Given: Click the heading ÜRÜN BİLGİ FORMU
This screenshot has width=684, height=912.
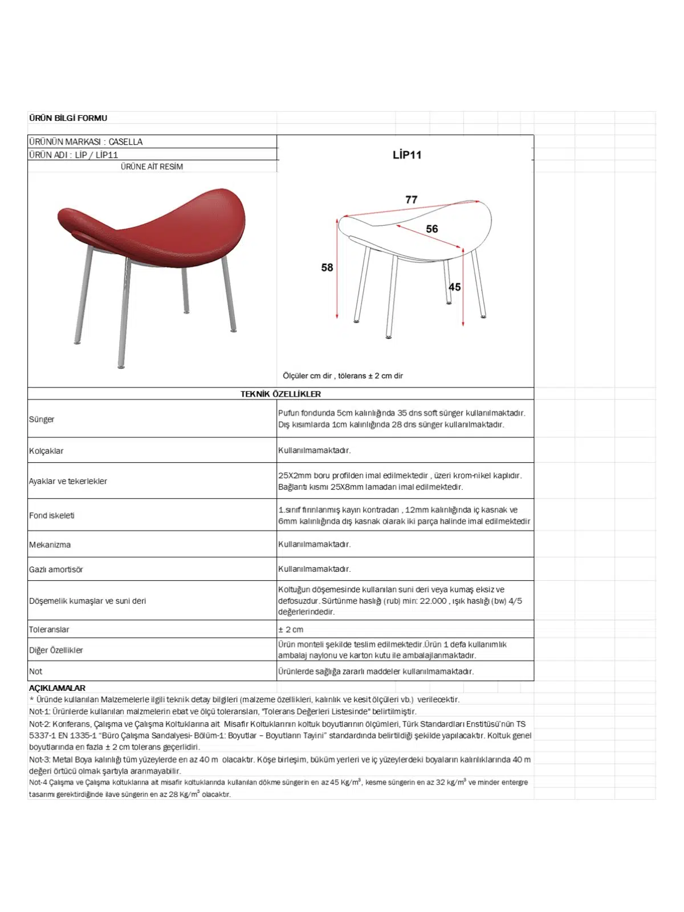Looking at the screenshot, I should pos(68,118).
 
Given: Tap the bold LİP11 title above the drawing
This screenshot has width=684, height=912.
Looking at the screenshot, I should pos(406,154).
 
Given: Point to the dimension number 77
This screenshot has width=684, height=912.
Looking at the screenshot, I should pos(411,199).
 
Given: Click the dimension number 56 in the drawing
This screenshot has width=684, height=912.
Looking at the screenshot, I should pos(432,229).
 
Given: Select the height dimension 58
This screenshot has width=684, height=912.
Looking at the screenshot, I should pos(327,267).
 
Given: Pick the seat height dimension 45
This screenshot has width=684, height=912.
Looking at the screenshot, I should pos(454,287).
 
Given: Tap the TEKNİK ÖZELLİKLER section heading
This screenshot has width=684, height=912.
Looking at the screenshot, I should pos(280,394).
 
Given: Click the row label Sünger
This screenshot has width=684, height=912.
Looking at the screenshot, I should pos(42,420).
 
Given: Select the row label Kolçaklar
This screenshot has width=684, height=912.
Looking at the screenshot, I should pos(46,451).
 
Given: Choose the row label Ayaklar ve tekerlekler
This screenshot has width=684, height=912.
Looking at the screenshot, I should pos(68,481).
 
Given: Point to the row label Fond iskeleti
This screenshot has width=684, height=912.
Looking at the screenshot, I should pos(52,515).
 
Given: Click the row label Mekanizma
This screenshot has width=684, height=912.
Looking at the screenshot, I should pos(50,545).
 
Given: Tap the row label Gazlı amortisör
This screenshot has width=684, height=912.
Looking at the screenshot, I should pos(56,569).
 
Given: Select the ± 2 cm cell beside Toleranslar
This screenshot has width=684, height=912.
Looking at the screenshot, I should pos(291,629).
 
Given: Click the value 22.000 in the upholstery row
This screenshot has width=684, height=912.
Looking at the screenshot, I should pos(433,601).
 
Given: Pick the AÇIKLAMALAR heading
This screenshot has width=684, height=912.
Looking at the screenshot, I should pos(57,688).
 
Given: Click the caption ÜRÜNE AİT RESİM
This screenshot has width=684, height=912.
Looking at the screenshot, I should pos(152,166).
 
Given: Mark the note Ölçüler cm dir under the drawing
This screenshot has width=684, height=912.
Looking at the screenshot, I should pos(307,376).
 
